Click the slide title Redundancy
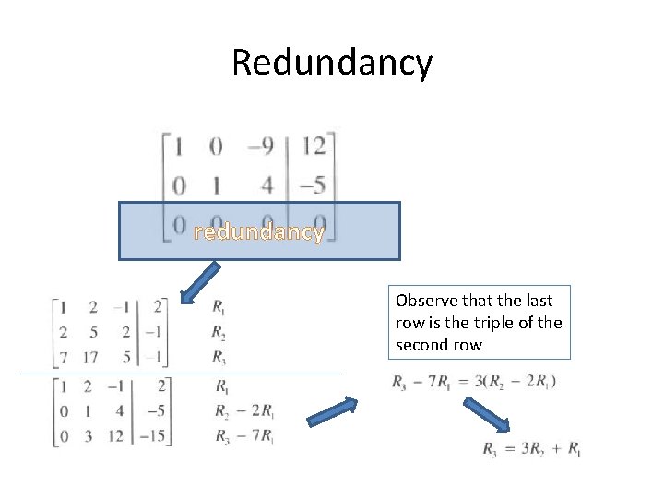tap(331, 63)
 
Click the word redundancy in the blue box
tap(259, 231)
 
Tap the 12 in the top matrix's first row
tap(314, 146)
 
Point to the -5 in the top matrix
tap(313, 184)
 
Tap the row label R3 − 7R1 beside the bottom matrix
tap(243, 435)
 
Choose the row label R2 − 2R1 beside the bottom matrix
tap(243, 411)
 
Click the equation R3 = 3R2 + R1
tap(532, 449)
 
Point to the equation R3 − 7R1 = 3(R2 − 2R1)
tap(473, 381)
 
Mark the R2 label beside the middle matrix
tap(219, 332)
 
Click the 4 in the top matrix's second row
tap(267, 184)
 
